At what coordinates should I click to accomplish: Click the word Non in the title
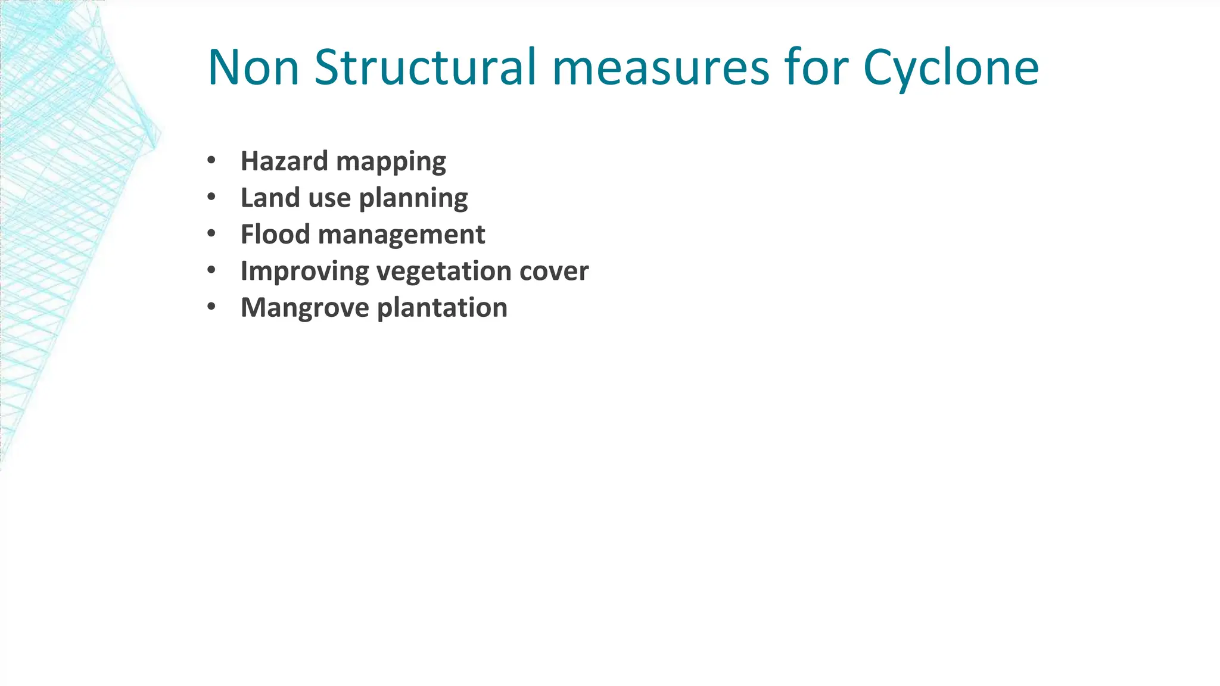click(253, 67)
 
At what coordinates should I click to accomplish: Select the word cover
click(554, 272)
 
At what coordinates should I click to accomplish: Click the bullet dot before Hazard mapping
click(211, 160)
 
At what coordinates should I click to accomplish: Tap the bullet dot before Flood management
click(211, 233)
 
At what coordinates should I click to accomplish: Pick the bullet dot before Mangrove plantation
click(211, 307)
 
